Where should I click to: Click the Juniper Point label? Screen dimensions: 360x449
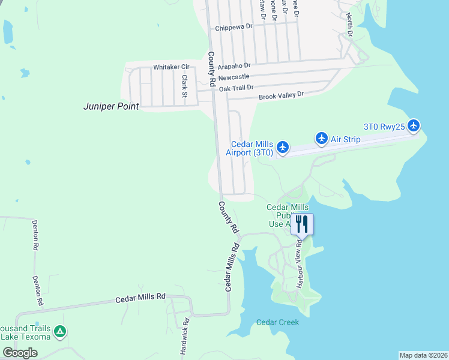point(111,107)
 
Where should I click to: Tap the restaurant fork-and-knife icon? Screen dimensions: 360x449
point(302,224)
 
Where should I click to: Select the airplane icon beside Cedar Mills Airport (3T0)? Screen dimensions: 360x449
point(283,148)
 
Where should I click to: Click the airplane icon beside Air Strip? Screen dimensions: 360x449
point(321,139)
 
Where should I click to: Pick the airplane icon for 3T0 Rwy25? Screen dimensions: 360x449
point(413,126)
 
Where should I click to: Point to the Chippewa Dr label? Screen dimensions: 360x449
point(235,28)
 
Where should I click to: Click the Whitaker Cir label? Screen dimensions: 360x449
point(171,67)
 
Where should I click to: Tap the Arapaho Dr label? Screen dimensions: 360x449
point(234,65)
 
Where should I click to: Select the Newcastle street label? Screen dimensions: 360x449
point(234,77)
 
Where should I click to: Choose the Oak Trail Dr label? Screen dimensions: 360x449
point(236,88)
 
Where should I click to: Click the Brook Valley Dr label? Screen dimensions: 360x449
point(281,95)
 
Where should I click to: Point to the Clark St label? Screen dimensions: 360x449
point(185,86)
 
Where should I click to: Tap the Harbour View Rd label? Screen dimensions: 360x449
point(298,264)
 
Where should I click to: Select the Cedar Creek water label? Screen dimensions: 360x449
point(277,322)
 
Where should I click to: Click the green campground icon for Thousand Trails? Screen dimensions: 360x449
point(59,331)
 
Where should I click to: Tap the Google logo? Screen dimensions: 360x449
point(20,353)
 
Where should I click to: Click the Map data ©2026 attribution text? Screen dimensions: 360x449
point(423,355)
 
